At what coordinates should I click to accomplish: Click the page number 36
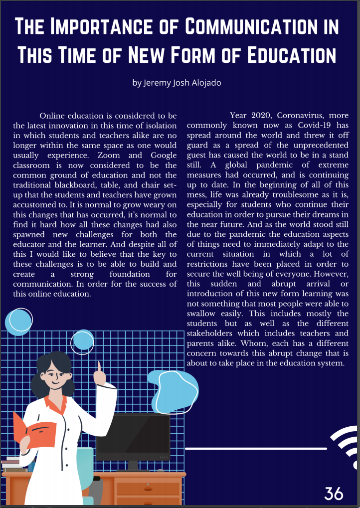tap(334, 494)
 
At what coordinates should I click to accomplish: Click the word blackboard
tap(85, 184)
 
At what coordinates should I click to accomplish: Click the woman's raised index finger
tap(99, 368)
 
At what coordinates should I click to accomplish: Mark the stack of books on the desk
tap(14, 465)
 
